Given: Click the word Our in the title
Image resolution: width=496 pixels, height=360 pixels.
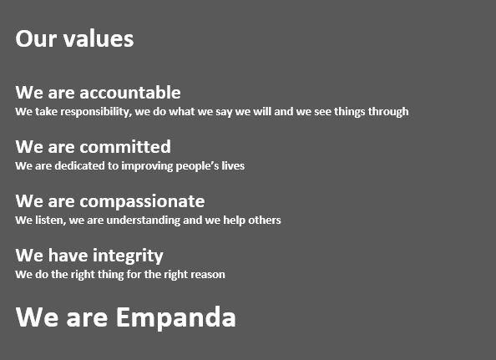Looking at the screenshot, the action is [x=36, y=39].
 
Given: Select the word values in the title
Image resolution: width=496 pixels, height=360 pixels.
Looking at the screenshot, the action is [x=99, y=38].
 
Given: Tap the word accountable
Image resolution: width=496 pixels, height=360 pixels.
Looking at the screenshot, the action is [x=130, y=93].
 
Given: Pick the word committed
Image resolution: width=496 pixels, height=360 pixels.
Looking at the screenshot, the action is [x=125, y=147].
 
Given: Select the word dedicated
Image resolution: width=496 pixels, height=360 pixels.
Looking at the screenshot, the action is [x=81, y=166].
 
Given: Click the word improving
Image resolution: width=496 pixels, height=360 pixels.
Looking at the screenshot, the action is [x=147, y=166].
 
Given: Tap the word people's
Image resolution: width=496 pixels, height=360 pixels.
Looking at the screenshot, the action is [x=197, y=166].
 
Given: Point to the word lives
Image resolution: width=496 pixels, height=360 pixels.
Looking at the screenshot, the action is [x=233, y=165].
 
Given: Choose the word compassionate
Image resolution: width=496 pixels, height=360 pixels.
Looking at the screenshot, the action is [x=142, y=202].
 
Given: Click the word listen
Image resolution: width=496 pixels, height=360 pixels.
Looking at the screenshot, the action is [x=51, y=221].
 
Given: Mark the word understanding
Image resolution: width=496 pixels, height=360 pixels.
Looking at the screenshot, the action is [x=144, y=221].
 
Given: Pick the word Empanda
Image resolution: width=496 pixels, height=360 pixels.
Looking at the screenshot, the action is [x=176, y=318].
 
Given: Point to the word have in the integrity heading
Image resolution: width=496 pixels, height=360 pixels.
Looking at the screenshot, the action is [x=68, y=256].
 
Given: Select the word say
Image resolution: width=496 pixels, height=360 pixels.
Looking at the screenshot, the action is [x=224, y=113].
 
